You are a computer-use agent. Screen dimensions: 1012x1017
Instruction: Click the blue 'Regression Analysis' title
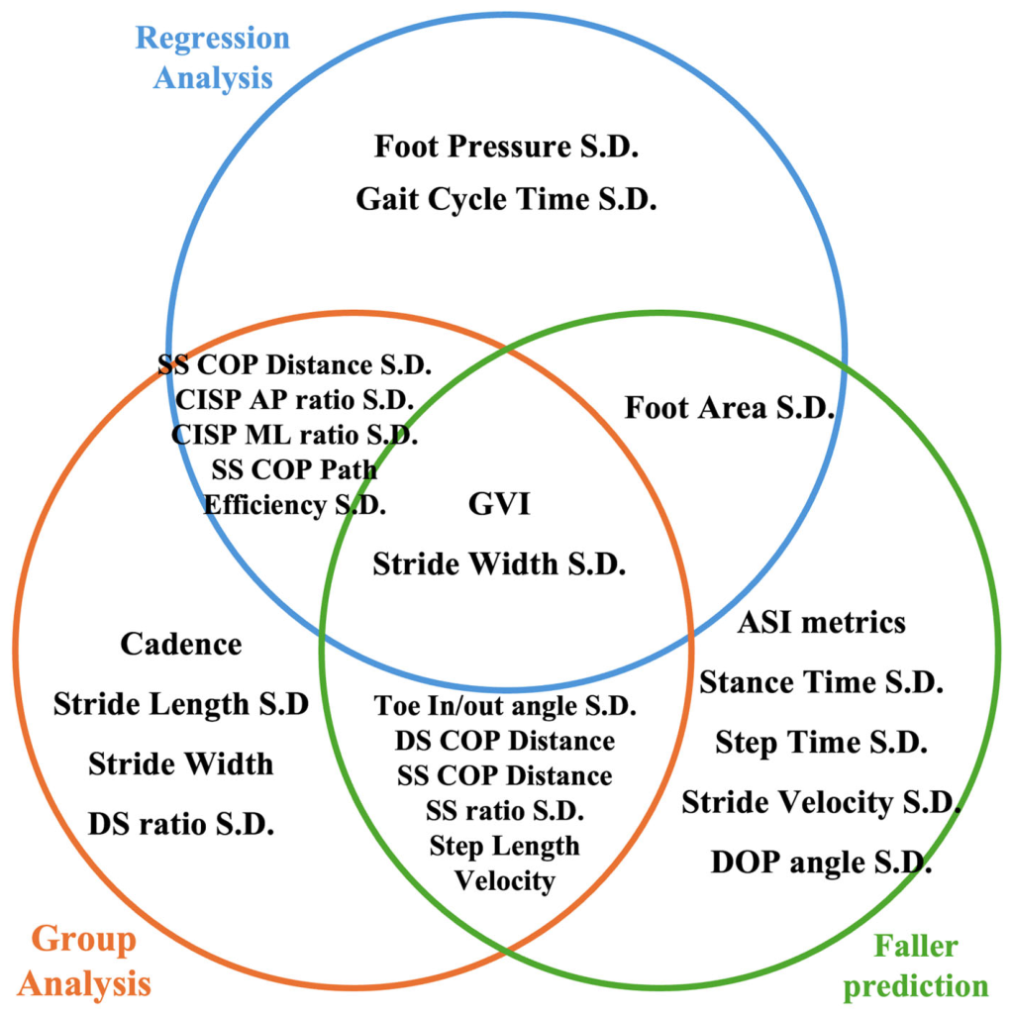coord(213,57)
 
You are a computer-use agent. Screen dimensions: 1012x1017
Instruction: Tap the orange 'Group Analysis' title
coord(84,962)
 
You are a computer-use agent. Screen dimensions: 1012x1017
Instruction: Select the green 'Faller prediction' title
coord(915,967)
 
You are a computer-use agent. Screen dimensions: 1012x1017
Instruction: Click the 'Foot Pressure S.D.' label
coord(507,147)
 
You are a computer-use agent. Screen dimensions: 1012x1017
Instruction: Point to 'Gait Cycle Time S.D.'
coord(507,199)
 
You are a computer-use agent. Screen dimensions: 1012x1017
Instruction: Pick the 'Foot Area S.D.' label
coord(729,408)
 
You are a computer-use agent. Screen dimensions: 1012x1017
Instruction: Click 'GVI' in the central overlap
coord(499,504)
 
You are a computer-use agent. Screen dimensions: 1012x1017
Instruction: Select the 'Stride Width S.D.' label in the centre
coord(499,563)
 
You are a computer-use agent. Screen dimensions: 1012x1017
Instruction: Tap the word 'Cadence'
coord(181,644)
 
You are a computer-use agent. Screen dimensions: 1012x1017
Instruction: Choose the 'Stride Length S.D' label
coord(181,704)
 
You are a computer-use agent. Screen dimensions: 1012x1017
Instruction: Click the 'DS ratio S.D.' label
coord(181,824)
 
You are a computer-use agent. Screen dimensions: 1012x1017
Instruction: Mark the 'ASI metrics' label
coord(821,623)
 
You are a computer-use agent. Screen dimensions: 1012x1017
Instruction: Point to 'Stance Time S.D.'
coord(821,682)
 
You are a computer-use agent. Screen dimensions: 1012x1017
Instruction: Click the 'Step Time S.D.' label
coord(821,743)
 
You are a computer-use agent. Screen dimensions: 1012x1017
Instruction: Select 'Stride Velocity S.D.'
coord(821,803)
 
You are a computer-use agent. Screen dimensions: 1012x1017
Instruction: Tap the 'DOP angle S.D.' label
coord(821,863)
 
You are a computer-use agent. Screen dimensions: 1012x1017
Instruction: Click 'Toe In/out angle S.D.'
coord(505,706)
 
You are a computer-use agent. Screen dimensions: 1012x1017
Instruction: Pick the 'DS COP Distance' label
coord(505,741)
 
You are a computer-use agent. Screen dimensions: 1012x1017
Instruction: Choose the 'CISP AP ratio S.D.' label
coord(294,399)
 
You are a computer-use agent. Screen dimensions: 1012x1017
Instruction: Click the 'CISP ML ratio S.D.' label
coord(294,435)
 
